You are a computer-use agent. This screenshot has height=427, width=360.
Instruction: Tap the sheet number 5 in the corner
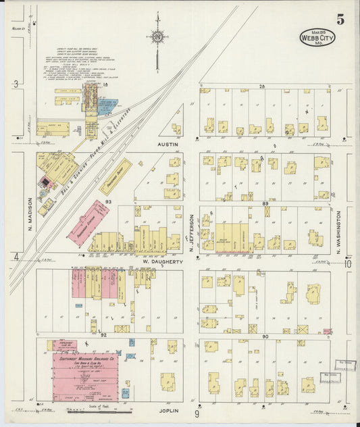(340, 20)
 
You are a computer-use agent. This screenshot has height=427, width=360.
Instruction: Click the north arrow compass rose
(157, 37)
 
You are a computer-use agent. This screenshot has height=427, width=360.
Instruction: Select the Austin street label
(167, 144)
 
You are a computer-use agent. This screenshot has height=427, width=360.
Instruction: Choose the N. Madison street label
(30, 213)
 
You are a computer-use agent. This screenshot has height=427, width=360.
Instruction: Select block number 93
(107, 201)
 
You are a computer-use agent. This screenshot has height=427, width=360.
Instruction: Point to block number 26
(262, 86)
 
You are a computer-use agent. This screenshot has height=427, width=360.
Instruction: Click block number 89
(265, 203)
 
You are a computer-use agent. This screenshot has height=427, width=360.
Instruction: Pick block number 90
(265, 336)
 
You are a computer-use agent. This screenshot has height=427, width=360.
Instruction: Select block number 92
(103, 334)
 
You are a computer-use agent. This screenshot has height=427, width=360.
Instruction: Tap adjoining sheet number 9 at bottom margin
(197, 413)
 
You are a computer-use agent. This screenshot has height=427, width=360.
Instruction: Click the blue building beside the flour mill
(107, 106)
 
